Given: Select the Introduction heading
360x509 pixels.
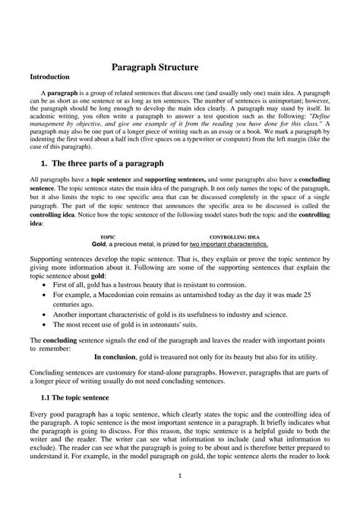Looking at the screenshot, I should click(49, 77).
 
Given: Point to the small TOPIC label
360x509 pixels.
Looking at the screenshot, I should click(108, 237).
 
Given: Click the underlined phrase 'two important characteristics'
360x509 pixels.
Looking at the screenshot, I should click(229, 245).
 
